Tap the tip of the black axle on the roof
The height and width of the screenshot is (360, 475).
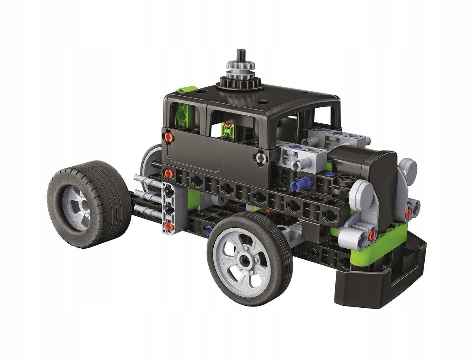(239, 52)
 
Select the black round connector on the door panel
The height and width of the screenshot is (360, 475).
(260, 158)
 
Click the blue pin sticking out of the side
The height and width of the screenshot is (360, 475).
(300, 183)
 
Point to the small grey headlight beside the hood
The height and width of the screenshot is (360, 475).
(408, 169)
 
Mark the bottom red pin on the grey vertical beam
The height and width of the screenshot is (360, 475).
(169, 226)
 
